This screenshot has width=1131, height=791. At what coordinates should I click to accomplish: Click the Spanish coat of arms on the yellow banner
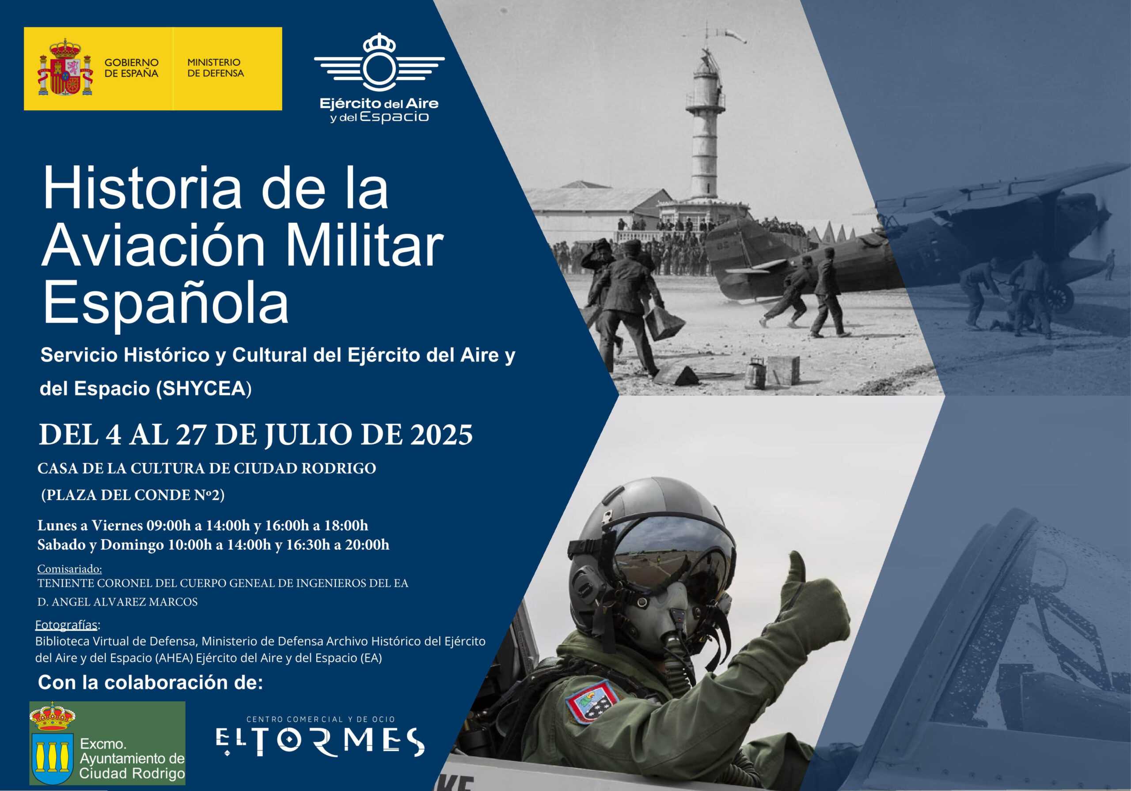(65, 68)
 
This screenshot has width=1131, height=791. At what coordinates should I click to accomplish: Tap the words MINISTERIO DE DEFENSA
(215, 68)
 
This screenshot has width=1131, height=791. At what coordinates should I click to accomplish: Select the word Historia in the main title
(142, 189)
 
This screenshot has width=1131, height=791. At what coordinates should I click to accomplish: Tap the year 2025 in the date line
(441, 435)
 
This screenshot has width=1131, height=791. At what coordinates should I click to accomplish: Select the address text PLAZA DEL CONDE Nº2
(133, 495)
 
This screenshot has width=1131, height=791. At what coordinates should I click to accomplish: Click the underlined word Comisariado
(69, 569)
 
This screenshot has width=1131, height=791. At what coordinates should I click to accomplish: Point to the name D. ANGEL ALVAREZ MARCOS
(117, 602)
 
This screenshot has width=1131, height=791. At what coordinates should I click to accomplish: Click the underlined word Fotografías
(67, 625)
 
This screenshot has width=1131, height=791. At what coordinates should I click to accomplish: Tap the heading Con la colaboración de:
(150, 683)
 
